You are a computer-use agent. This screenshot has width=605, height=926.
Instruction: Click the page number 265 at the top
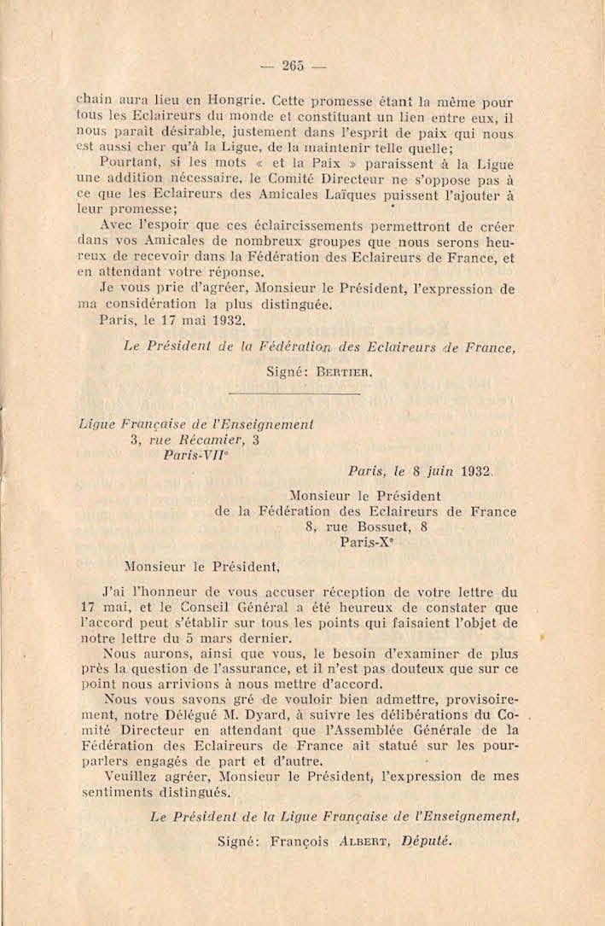point(294,68)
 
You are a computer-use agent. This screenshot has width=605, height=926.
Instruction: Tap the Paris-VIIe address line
point(195,456)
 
